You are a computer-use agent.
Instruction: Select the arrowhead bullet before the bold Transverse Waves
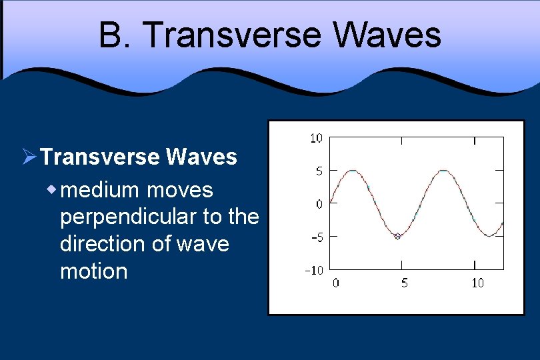click(28, 157)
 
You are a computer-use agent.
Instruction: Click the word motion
click(93, 271)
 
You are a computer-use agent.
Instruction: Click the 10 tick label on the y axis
click(315, 139)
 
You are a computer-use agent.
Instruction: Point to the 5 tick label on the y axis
click(319, 171)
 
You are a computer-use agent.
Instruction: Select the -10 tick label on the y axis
click(313, 270)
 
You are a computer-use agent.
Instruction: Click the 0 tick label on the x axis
click(335, 283)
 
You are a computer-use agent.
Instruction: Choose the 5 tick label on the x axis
click(405, 283)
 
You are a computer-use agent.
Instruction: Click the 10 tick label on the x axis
click(477, 283)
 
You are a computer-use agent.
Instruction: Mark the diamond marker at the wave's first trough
click(397, 236)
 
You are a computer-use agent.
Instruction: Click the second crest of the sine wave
click(443, 171)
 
